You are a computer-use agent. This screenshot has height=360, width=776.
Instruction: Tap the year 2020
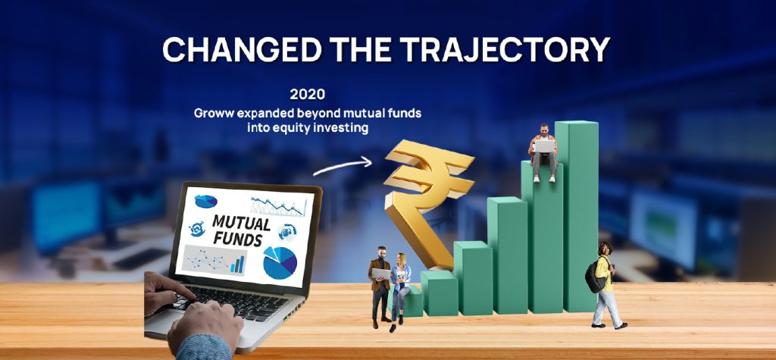point(308,94)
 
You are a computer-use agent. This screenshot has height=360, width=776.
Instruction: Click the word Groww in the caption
point(214,114)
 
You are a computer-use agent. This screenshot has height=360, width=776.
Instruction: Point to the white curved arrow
point(343,166)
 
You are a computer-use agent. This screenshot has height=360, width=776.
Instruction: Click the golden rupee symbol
point(426,198)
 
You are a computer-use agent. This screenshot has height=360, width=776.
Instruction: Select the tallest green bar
point(577,216)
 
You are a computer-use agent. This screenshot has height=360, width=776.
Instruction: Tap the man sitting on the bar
point(543,152)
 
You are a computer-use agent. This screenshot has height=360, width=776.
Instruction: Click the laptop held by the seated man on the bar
point(544,146)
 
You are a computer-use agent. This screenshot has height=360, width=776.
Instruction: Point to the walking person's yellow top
point(604,273)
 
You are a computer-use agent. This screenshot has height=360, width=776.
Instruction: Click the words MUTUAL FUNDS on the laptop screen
point(241,230)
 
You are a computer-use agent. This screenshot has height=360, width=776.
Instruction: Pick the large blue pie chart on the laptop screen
point(280,262)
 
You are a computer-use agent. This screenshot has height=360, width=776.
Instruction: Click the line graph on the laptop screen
point(277,205)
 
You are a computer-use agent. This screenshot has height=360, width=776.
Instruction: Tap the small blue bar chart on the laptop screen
point(237,265)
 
